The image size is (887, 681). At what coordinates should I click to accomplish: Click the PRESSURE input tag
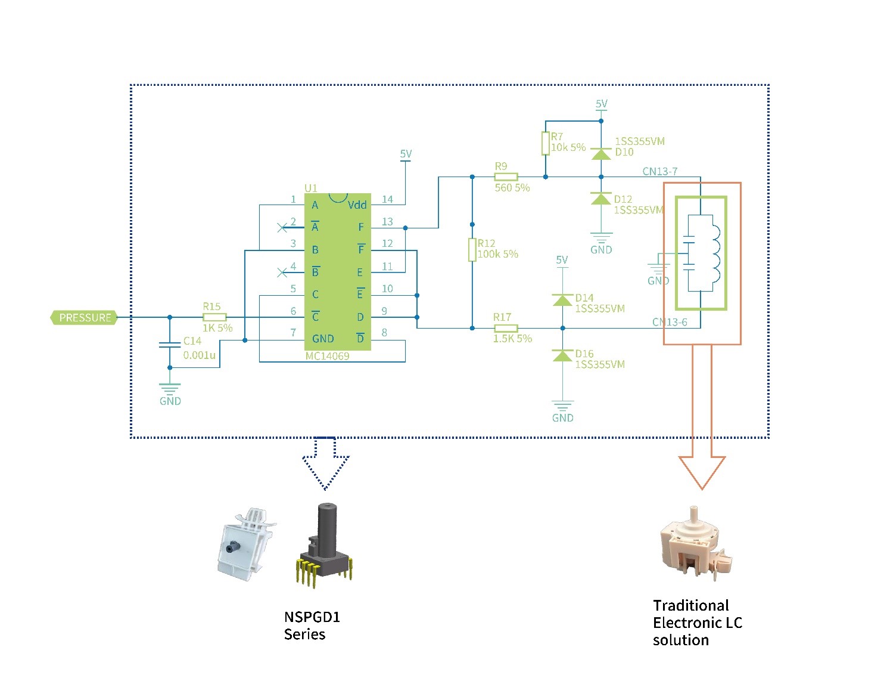(84, 318)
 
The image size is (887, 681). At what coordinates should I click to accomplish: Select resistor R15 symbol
(214, 317)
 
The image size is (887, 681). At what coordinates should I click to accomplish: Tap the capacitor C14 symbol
(170, 345)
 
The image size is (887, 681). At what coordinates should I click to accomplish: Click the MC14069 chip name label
(327, 356)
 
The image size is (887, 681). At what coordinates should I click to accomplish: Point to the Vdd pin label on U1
(357, 205)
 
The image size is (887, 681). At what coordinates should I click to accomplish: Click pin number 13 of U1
(387, 222)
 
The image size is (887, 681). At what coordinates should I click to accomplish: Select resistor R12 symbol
(472, 250)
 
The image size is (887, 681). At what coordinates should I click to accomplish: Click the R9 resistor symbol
(506, 177)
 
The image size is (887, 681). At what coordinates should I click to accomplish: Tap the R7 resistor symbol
(545, 144)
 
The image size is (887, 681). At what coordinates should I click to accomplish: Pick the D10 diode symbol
(601, 154)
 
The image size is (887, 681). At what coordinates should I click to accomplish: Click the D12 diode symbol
(601, 199)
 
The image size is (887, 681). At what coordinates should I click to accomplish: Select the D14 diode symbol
(562, 299)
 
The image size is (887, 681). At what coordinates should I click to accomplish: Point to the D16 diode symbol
(562, 356)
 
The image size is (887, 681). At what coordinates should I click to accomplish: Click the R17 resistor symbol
(506, 328)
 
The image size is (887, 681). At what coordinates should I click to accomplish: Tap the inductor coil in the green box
(715, 253)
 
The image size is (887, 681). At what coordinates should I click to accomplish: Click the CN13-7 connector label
(659, 172)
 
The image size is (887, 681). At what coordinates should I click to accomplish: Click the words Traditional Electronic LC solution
(697, 623)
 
